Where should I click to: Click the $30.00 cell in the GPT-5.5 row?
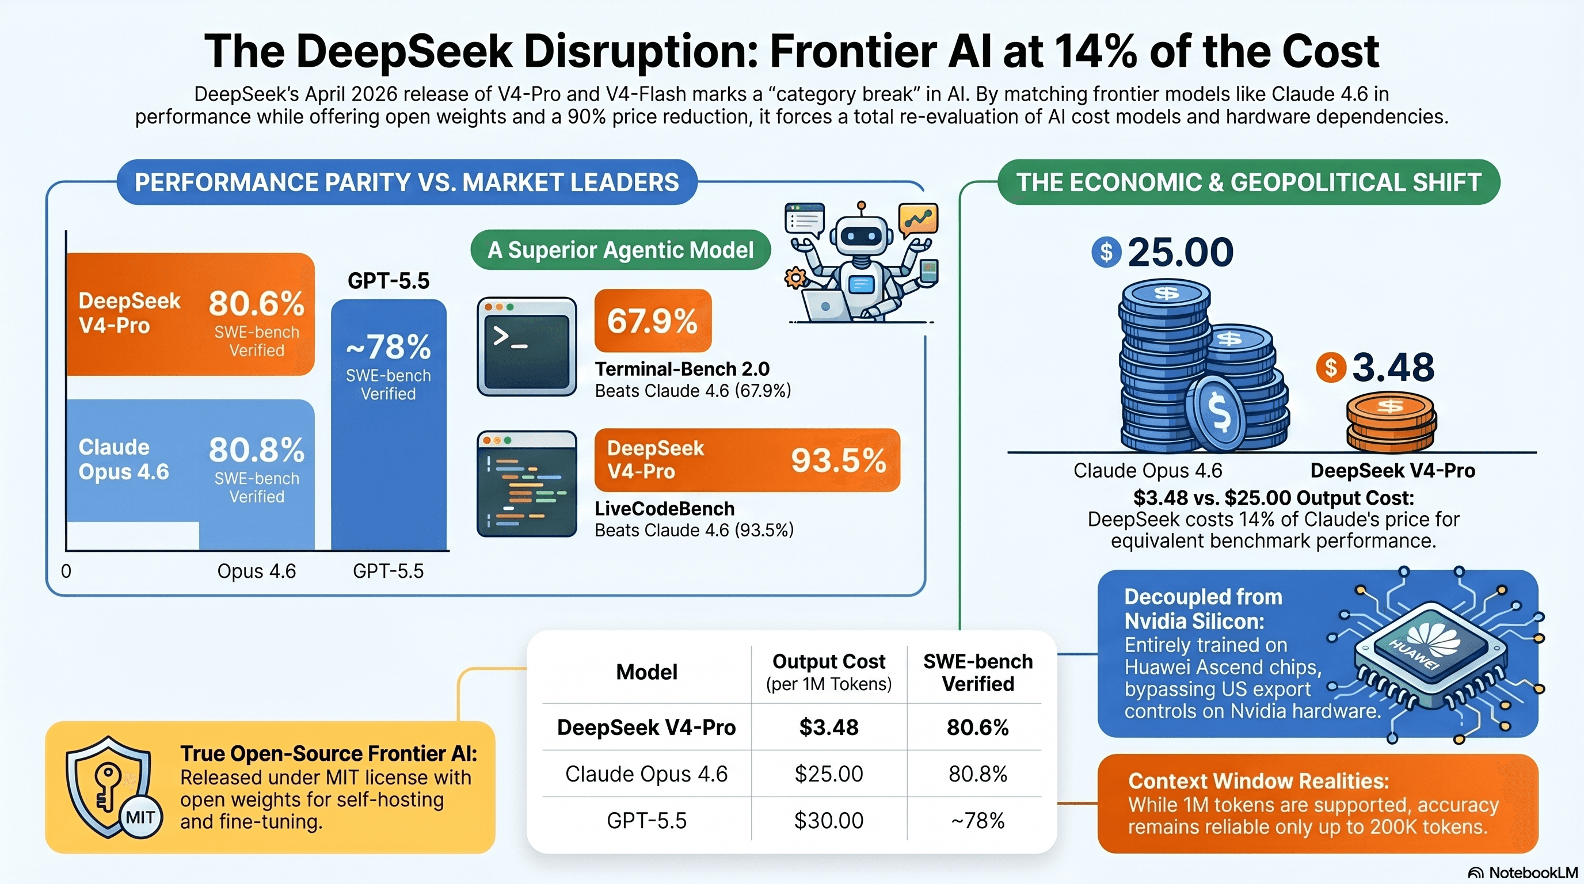(828, 820)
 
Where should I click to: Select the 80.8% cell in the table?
(977, 773)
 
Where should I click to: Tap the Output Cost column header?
(828, 671)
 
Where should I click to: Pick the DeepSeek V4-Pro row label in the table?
(646, 727)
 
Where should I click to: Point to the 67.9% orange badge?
(652, 321)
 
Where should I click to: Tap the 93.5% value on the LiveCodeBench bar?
(838, 460)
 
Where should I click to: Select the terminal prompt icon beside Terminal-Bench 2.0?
(527, 346)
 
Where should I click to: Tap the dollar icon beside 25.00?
(1106, 252)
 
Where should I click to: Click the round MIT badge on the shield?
(140, 817)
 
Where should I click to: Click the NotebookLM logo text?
(1533, 873)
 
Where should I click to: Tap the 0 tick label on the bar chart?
(66, 571)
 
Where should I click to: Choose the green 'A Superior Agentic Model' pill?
(620, 250)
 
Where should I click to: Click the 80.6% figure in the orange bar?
(256, 303)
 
